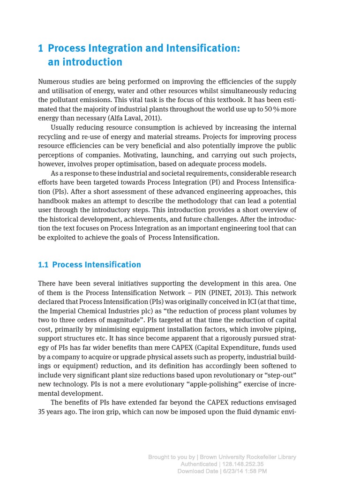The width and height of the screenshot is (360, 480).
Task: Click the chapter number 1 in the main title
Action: (x=41, y=48)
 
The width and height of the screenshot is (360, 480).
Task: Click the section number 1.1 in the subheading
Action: (x=43, y=265)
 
